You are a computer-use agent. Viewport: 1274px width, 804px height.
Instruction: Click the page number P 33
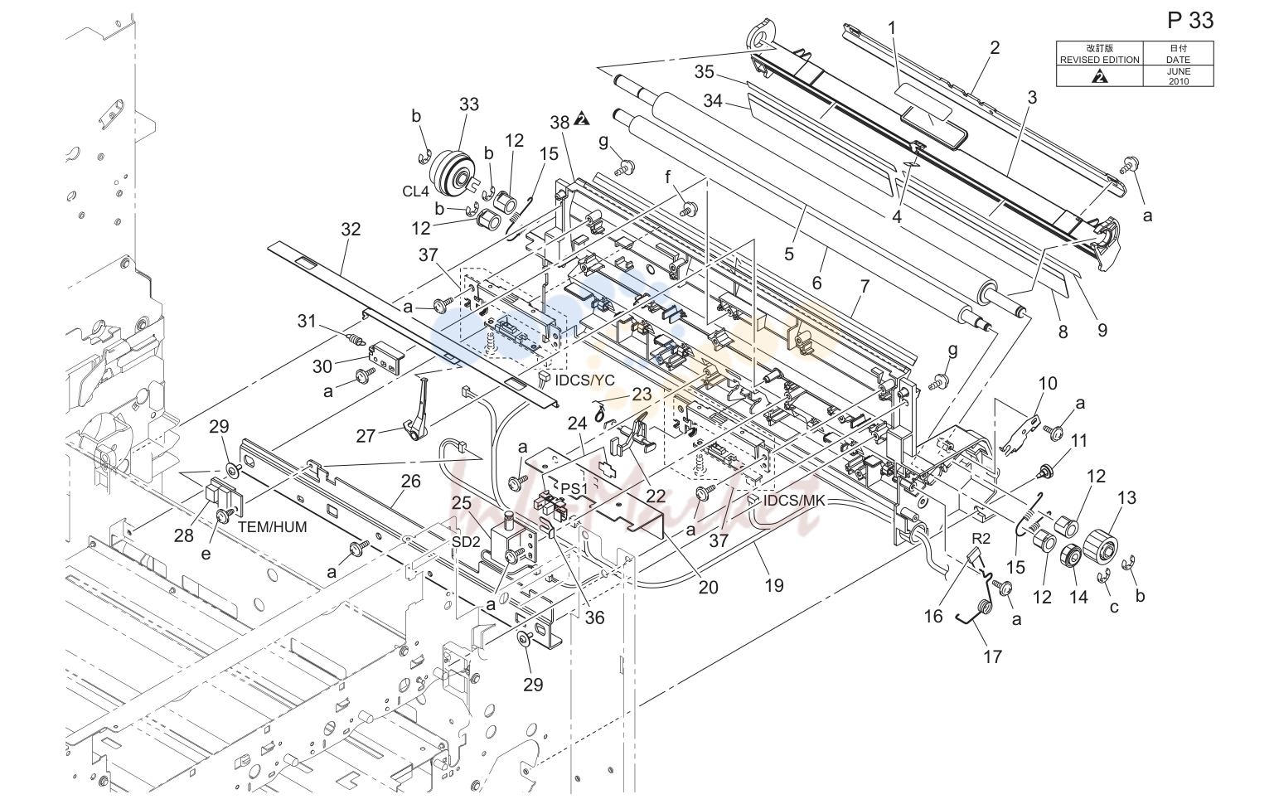tap(1190, 21)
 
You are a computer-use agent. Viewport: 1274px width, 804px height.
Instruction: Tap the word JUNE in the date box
tap(1178, 71)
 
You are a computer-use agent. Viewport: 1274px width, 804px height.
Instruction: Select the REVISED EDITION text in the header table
tap(1099, 60)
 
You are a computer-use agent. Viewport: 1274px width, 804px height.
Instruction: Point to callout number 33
tap(469, 104)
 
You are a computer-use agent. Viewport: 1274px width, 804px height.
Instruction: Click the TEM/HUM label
tap(273, 527)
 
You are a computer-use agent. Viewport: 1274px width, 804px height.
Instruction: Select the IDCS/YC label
tap(584, 380)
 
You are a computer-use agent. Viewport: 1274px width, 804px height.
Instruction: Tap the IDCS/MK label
tap(793, 501)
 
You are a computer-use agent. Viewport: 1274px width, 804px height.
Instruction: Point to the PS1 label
tap(574, 488)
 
